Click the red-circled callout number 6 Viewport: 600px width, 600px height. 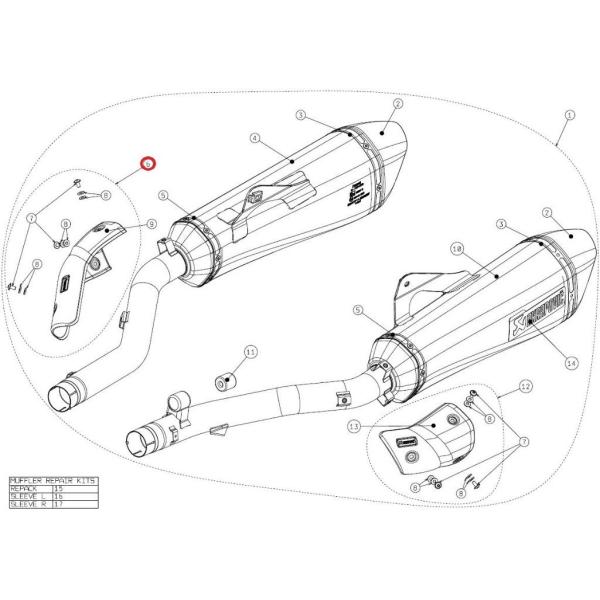tap(147, 163)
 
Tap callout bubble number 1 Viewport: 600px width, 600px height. tap(568, 116)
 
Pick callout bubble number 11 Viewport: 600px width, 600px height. tap(250, 352)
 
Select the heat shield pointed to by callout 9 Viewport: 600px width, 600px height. tap(84, 274)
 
